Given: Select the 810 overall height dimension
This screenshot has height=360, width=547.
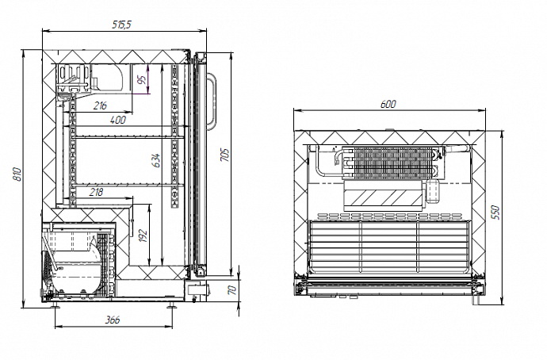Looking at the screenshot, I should point(17,176).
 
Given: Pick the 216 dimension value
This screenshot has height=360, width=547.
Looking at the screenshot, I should point(101,105).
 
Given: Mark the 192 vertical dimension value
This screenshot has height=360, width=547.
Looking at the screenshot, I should point(143,236).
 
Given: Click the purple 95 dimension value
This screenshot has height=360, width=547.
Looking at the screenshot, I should point(141,79).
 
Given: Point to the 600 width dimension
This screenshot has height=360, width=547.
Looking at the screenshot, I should point(388,104).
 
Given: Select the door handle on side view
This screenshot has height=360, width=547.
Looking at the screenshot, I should point(212,101).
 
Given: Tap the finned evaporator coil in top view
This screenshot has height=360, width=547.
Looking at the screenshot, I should point(388,163).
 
